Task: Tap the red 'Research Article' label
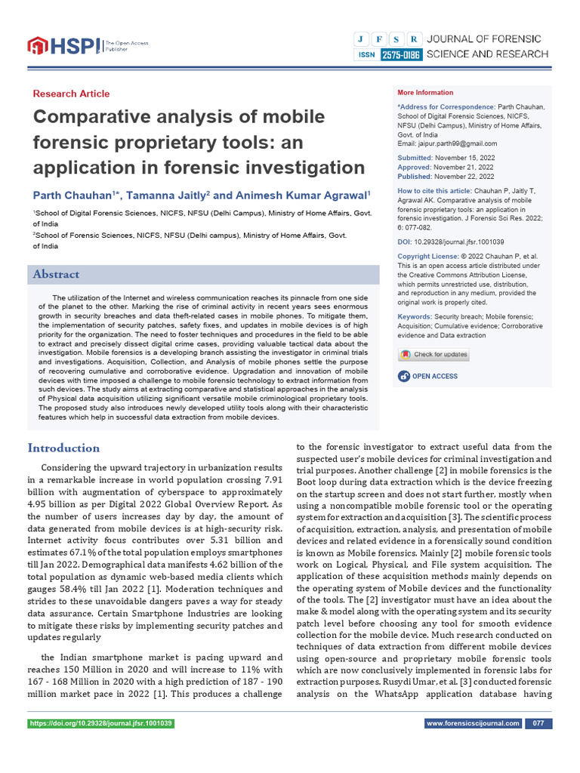pos(71,94)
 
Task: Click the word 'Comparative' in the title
pos(92,118)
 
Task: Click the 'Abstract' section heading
pos(56,274)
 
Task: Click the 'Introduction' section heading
pos(63,448)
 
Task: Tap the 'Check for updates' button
pos(434,355)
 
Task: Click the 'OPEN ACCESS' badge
pos(430,376)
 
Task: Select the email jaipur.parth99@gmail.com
pos(458,143)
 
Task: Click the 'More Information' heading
pos(426,93)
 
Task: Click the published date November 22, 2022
pos(466,176)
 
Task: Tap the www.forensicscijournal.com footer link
pos(473,723)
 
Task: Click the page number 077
pos(538,723)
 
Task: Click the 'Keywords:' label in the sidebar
pos(415,317)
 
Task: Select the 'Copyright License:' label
pos(427,257)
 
